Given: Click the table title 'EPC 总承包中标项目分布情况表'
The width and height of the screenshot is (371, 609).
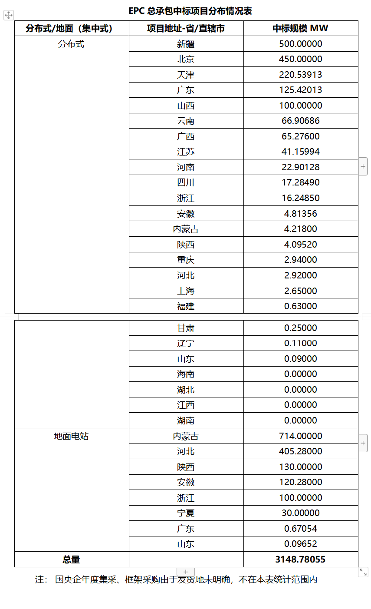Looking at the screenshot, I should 190,11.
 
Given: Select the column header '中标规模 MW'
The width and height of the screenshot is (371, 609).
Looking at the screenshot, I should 300,28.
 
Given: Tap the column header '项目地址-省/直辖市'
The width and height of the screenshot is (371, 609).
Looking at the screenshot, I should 186,28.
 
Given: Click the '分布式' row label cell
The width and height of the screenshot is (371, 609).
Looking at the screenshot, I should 71,44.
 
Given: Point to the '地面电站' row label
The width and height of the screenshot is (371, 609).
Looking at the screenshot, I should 71,436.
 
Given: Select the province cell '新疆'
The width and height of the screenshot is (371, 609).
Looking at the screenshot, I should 186,44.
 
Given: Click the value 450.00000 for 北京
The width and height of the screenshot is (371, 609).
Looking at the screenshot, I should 300,59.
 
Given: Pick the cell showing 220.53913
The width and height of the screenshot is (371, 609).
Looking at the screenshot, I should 300,75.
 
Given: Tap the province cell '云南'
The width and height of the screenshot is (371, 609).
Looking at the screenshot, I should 186,121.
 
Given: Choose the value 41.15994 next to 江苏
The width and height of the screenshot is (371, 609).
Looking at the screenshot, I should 300,152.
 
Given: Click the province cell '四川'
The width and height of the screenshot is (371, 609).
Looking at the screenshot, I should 186,182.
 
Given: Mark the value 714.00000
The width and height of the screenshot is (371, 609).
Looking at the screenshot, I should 300,436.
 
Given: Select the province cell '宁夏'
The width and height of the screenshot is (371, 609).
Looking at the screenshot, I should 186,513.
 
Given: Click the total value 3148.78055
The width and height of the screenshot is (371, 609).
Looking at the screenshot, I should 300,559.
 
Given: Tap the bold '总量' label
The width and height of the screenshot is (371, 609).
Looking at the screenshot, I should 71,559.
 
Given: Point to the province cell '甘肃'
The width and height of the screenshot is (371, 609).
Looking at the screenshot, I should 186,328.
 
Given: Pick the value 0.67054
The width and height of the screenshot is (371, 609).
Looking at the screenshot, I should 300,529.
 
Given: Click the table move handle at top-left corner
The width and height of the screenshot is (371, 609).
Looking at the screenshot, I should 8,15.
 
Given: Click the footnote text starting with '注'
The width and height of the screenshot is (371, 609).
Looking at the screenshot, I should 176,579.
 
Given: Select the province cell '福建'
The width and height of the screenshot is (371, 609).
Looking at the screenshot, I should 186,306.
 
